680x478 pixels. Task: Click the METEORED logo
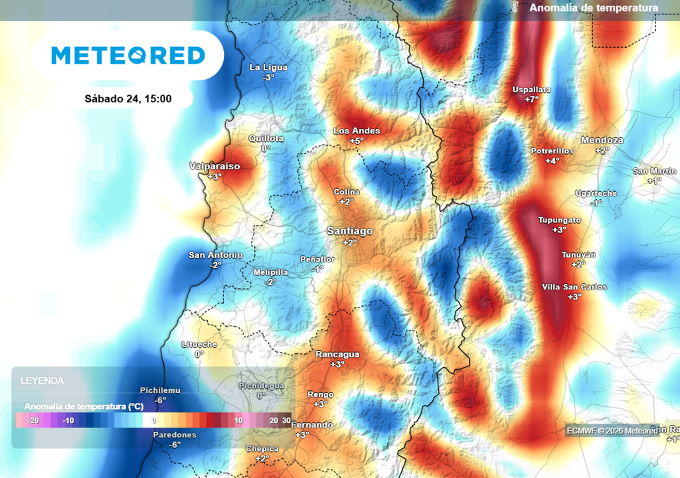click(128, 55)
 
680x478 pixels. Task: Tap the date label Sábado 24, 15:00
click(128, 99)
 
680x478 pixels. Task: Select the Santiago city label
click(349, 231)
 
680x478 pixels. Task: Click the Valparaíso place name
click(214, 166)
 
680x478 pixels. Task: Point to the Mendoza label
click(602, 140)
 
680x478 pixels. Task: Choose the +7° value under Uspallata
click(531, 100)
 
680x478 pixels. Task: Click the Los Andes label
click(357, 131)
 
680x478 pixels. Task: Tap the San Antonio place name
click(215, 255)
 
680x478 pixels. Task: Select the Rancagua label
click(337, 355)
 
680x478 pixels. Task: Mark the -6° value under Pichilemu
click(160, 400)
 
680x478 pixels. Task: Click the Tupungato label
click(558, 220)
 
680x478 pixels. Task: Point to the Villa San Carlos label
click(574, 287)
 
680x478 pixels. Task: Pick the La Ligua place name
click(268, 67)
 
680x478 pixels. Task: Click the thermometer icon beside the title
click(515, 7)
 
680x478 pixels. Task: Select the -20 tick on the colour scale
click(33, 420)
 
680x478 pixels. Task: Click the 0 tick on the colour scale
click(153, 420)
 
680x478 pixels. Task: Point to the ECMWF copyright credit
click(611, 430)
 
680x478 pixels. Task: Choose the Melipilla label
click(270, 272)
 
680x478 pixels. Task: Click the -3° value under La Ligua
click(268, 77)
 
